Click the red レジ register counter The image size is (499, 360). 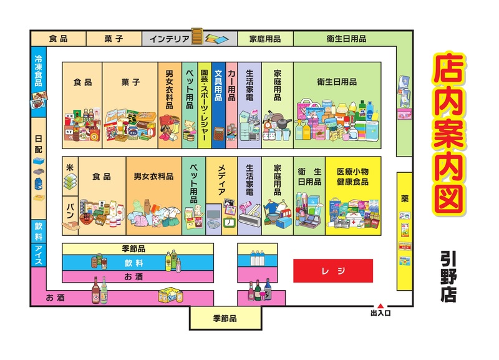pyautogui.click(x=333, y=271)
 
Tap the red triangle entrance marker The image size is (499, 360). pyautogui.click(x=380, y=306)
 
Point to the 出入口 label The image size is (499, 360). pyautogui.click(x=380, y=313)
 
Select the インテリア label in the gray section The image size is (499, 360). pyautogui.click(x=169, y=39)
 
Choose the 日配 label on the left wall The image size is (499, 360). pyautogui.click(x=38, y=145)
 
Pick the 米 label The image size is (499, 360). pyautogui.click(x=70, y=168)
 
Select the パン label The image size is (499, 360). pyautogui.click(x=70, y=208)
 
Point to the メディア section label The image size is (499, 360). pyautogui.click(x=221, y=182)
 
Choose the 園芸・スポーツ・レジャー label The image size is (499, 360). pyautogui.click(x=204, y=103)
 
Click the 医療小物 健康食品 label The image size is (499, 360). pyautogui.click(x=352, y=177)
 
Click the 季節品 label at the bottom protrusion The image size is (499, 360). pyautogui.click(x=225, y=318)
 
